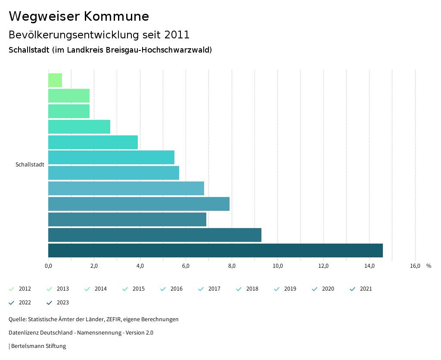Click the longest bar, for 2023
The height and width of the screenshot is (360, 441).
coord(215,250)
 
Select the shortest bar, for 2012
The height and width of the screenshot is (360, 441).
coord(55,80)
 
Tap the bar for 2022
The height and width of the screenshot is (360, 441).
coord(155,235)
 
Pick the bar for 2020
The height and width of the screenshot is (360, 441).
coord(139,204)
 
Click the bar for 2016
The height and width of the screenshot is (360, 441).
coord(93,142)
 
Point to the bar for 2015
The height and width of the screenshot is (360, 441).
coord(79,127)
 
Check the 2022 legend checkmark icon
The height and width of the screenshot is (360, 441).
coord(12,303)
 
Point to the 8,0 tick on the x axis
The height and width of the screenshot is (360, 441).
coord(232,266)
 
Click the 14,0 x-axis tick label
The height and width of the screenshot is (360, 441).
coord(369,266)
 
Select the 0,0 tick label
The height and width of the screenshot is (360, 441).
coord(48,266)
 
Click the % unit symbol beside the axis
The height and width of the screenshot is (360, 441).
coord(429,266)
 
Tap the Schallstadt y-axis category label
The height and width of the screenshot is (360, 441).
coord(30,165)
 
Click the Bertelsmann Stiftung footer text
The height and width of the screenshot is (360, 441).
coord(38,346)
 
